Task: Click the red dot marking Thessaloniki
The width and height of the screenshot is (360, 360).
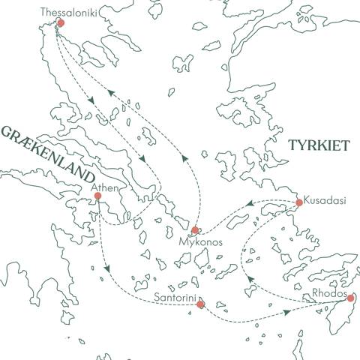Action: coord(61,23)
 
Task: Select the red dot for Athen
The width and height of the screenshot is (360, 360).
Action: coord(97,196)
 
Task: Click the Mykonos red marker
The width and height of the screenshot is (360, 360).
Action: coord(195,230)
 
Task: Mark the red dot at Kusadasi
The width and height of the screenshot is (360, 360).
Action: coord(298,202)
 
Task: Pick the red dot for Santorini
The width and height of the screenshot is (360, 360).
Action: coord(199,304)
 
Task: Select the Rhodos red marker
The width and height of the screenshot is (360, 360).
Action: coord(350,298)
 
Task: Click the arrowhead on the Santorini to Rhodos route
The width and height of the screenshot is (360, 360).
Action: coord(287,310)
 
